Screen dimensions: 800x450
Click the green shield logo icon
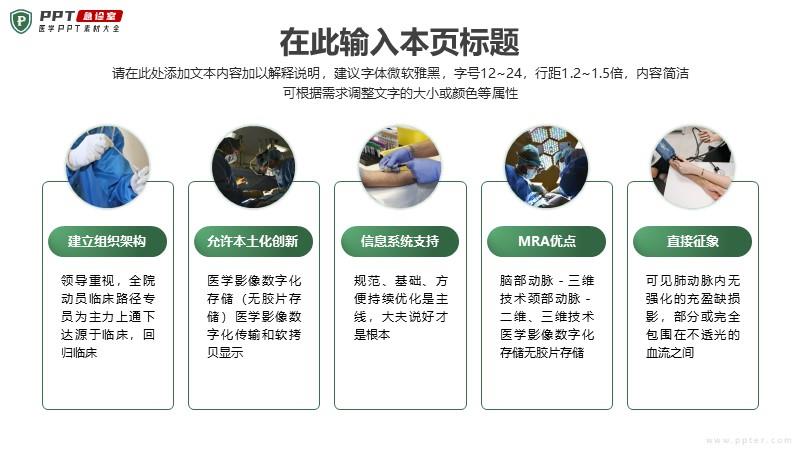21,21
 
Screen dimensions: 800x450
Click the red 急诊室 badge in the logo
99,16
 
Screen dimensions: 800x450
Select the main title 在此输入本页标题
399,42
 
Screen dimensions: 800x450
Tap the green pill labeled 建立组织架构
107,241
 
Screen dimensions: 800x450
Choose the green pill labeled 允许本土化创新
253,241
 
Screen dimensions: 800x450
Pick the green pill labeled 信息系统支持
399,241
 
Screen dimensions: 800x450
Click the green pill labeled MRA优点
546,241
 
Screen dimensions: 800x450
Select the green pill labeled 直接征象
692,241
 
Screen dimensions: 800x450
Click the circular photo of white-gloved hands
108,167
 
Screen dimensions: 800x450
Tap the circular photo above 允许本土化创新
254,167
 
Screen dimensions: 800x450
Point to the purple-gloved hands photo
400,167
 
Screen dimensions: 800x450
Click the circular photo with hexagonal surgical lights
546,167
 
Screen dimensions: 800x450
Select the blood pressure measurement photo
693,167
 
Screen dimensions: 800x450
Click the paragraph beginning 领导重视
108,316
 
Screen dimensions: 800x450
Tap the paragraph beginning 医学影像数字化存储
254,316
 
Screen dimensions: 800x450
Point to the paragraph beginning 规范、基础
401,307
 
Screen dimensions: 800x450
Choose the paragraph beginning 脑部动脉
547,316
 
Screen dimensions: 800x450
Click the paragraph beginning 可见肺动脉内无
693,316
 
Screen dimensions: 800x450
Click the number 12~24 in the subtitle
501,73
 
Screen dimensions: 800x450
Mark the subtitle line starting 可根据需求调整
401,93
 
